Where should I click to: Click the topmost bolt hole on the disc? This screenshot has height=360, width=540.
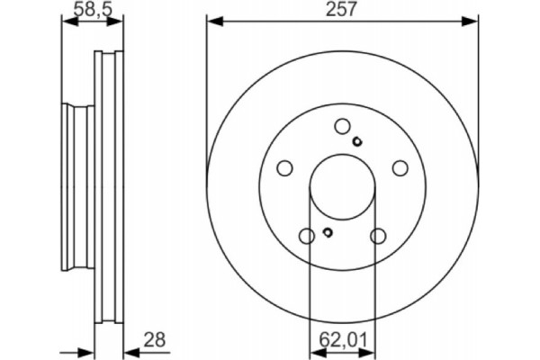341,128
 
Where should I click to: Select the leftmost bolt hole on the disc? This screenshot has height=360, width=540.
284,168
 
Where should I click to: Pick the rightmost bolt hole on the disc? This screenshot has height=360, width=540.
399,168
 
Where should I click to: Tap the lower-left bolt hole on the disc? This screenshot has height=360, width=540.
306,236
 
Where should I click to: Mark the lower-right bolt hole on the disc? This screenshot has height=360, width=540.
377,236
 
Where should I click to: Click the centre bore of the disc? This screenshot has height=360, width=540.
342,189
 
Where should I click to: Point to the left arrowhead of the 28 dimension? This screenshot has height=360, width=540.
89,350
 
